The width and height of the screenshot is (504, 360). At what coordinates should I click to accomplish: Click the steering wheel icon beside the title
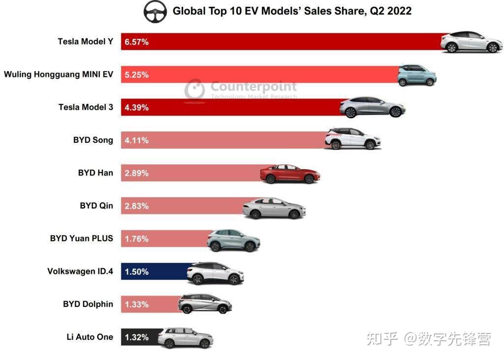point(155,12)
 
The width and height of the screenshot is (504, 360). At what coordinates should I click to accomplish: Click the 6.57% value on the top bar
point(137,42)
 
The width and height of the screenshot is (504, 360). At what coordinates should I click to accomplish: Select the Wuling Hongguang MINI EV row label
point(59,75)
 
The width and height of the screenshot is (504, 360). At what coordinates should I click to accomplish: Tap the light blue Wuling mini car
point(417,75)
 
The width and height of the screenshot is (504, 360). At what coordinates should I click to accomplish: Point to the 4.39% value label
point(137,107)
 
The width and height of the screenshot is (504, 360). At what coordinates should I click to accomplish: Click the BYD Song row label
point(93,140)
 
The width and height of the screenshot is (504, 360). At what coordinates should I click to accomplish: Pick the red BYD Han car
point(290,174)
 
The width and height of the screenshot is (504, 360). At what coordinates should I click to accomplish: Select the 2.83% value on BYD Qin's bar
point(137,206)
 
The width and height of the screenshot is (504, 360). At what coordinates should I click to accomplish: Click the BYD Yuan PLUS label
point(82,238)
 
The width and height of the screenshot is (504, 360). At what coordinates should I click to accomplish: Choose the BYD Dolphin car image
point(205,304)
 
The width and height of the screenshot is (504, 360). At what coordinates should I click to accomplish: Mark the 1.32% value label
point(137,337)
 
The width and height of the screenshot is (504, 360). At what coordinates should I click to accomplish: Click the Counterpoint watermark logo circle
point(194,89)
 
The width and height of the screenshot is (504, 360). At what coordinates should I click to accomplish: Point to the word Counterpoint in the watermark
point(253,87)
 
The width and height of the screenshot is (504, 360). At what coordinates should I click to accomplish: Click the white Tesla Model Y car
point(472,42)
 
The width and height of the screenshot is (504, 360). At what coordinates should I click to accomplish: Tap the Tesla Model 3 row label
point(86,107)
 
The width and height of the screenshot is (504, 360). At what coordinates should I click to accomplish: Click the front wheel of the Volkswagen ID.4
point(234,280)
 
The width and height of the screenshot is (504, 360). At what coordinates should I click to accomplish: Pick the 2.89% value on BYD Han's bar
point(137,173)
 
